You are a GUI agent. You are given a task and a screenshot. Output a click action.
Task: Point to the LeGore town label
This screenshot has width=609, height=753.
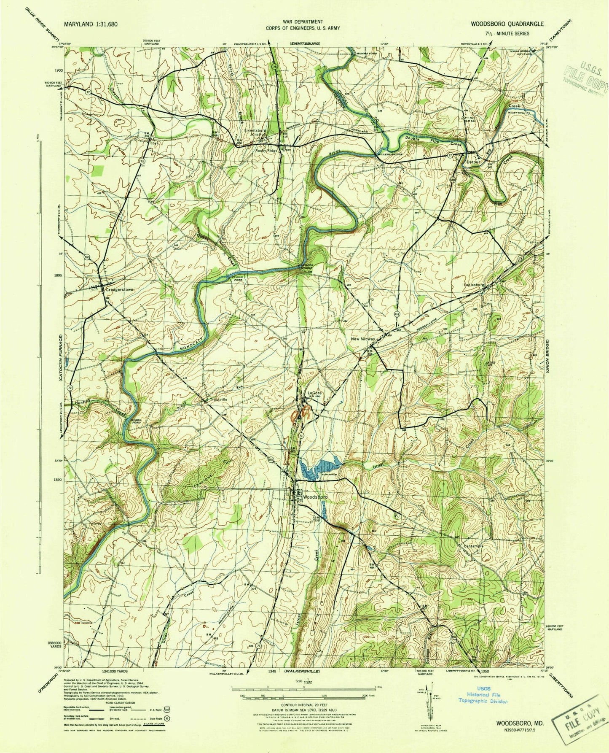pyautogui.click(x=313, y=391)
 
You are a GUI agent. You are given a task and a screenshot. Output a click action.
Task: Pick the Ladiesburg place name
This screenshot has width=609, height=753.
pyautogui.click(x=476, y=284)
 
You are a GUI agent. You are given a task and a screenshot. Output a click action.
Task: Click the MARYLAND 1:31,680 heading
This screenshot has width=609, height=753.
pyautogui.click(x=91, y=24)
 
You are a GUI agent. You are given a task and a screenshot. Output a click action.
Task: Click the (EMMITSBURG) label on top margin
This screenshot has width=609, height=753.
pyautogui.click(x=304, y=43)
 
